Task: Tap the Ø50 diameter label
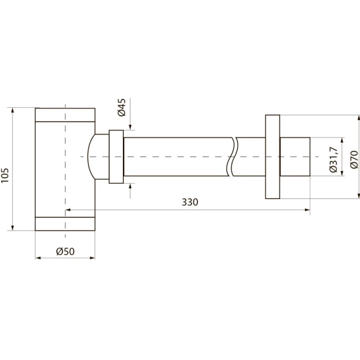pos(65,252)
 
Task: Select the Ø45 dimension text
pos(122,107)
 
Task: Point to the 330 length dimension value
pos(190,202)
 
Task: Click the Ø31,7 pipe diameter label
pos(333,159)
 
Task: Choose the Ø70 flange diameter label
pos(354,160)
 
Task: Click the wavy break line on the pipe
pos(233,157)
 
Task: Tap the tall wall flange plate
pos(273,157)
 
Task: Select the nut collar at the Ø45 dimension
pos(116,157)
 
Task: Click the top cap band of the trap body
pos(65,115)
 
